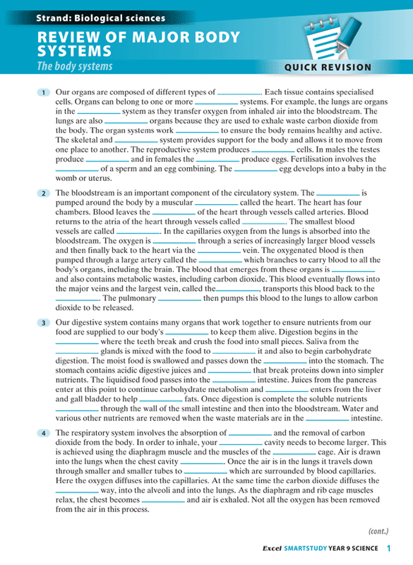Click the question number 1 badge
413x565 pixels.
pyautogui.click(x=43, y=93)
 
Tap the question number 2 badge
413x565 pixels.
pyautogui.click(x=43, y=193)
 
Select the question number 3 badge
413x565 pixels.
pyautogui.click(x=43, y=323)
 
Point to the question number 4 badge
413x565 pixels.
pyautogui.click(x=43, y=433)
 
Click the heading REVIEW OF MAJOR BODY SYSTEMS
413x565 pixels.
pyautogui.click(x=138, y=43)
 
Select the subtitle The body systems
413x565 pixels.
pyautogui.click(x=74, y=66)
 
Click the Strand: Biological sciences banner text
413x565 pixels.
pyautogui.click(x=101, y=19)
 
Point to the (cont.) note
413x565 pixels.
pyautogui.click(x=378, y=531)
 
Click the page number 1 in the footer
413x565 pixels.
pyautogui.click(x=389, y=549)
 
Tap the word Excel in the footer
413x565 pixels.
pyautogui.click(x=273, y=549)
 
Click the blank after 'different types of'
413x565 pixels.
pyautogui.click(x=239, y=93)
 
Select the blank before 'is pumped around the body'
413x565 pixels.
pyautogui.click(x=338, y=193)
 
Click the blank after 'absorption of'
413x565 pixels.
pyautogui.click(x=250, y=433)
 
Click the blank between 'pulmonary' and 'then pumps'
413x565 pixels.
pyautogui.click(x=179, y=299)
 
